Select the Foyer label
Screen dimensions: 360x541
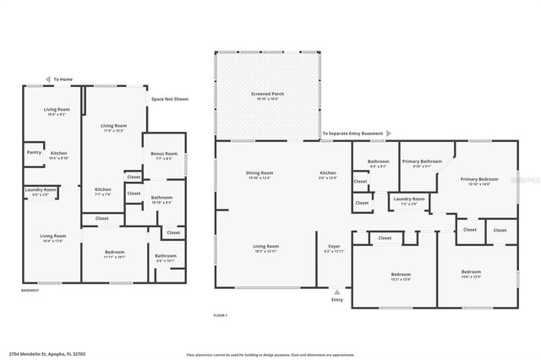tap(334, 248)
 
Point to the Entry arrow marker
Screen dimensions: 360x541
tap(337, 292)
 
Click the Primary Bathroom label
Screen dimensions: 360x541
tap(421, 162)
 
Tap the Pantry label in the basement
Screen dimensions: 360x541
tap(34, 152)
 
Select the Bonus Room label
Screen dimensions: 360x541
tap(164, 155)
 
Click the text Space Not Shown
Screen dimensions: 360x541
tap(169, 99)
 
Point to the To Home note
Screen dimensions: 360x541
tap(63, 79)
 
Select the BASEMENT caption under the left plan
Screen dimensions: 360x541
tap(30, 290)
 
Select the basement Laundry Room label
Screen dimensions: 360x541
tap(40, 191)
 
